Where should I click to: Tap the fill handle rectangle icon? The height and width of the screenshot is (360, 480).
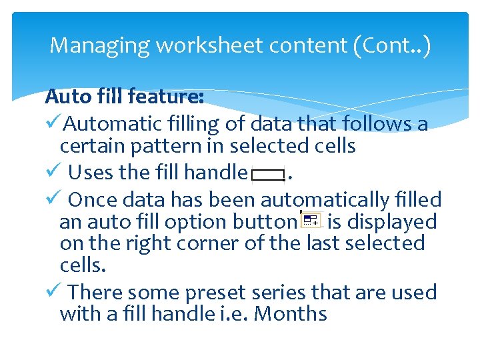269,175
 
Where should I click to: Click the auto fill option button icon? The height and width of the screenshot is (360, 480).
310,220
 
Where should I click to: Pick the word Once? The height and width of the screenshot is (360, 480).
93,199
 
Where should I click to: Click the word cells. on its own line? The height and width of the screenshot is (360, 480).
82,265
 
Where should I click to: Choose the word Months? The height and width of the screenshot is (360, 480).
291,313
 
